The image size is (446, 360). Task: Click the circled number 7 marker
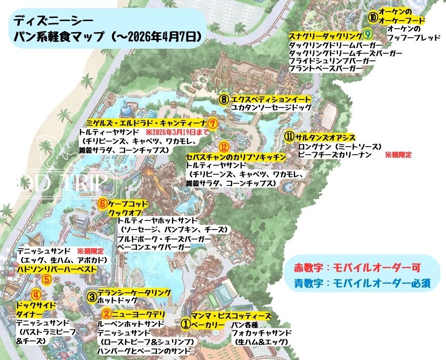pos(212,123)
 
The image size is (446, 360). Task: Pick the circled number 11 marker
pos(289,137)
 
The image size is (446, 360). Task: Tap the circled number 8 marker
pos(224,99)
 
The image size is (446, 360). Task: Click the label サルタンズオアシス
pos(325,137)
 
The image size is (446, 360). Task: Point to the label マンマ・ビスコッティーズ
pos(231,316)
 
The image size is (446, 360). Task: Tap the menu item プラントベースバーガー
pos(325,68)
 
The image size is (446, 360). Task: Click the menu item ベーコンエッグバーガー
pos(154,248)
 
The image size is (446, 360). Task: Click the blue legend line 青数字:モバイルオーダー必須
pos(363,283)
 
